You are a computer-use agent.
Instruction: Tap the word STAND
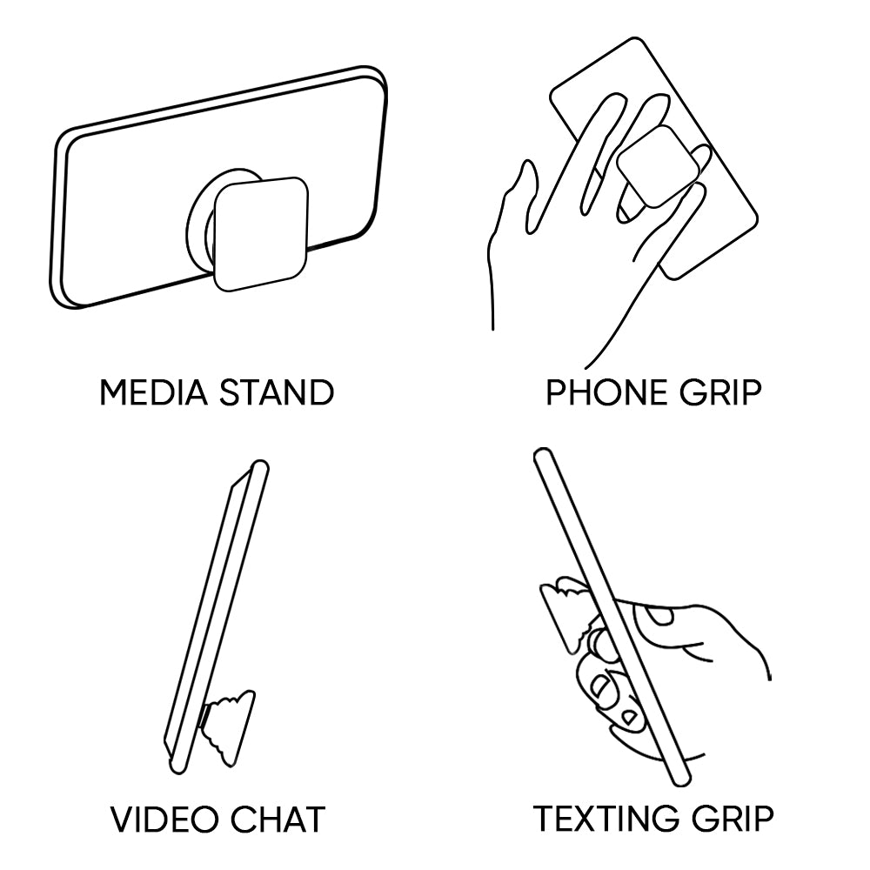pos(277,392)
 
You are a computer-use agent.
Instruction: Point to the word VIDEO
pos(164,819)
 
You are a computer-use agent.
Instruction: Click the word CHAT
pos(278,819)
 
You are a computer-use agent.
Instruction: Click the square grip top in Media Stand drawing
pos(261,234)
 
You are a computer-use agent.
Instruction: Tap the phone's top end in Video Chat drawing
pos(259,466)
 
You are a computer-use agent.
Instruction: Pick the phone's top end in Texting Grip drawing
pos(543,455)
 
